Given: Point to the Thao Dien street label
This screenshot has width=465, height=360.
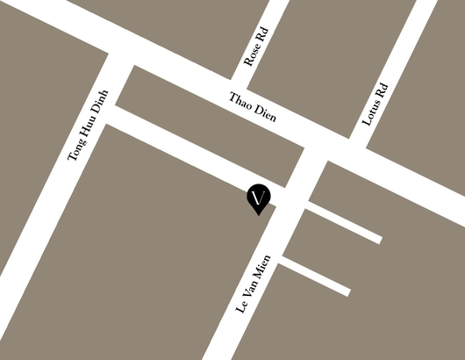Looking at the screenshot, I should (x=253, y=110).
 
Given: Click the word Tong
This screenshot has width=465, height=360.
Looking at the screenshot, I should (x=78, y=150).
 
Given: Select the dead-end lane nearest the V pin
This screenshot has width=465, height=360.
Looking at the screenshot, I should (x=344, y=223).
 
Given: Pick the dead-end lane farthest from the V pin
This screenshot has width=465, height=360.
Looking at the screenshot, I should (x=316, y=276).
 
